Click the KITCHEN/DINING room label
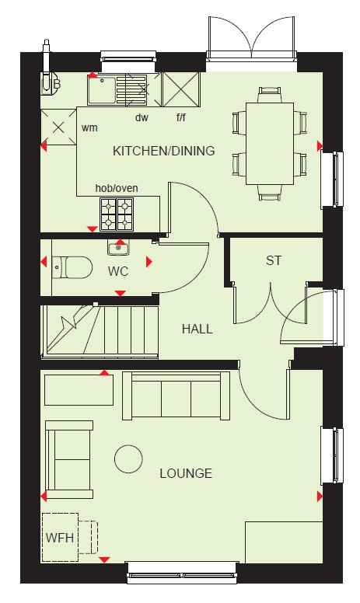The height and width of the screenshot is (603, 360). click(x=163, y=151)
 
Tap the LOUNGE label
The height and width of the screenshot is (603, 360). click(x=186, y=473)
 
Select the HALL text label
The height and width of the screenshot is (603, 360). click(x=197, y=329)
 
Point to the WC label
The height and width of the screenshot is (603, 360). click(x=118, y=271)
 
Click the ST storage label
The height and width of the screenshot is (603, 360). click(x=274, y=260)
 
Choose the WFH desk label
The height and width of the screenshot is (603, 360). click(x=60, y=537)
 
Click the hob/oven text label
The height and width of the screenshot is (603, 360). click(x=117, y=188)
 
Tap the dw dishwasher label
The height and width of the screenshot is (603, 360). click(x=142, y=117)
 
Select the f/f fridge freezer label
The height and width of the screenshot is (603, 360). click(x=180, y=117)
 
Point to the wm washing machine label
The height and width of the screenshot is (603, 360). click(x=89, y=127)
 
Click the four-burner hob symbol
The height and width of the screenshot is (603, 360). click(x=117, y=214)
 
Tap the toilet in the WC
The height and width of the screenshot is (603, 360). click(x=72, y=267)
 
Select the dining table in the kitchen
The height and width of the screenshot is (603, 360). click(x=270, y=143)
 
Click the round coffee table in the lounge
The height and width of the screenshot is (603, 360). click(x=128, y=458)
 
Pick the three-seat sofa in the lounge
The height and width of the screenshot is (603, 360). click(x=177, y=396)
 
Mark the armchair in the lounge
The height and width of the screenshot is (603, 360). click(x=69, y=459)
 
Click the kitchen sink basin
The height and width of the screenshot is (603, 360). click(x=102, y=90)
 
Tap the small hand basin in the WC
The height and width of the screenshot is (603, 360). click(x=118, y=248)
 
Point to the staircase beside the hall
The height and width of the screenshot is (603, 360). click(x=100, y=332)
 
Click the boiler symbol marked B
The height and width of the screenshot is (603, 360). click(x=51, y=84)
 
